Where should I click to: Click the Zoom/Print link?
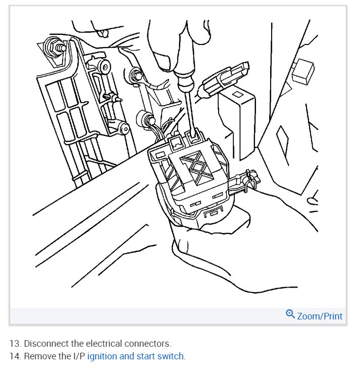(x=320, y=316)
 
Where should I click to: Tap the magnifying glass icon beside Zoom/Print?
(x=290, y=314)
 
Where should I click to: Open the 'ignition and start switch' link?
(x=136, y=356)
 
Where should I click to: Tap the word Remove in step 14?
(x=40, y=356)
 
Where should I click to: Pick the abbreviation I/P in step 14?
(x=78, y=356)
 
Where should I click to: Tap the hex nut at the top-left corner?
(x=52, y=47)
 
